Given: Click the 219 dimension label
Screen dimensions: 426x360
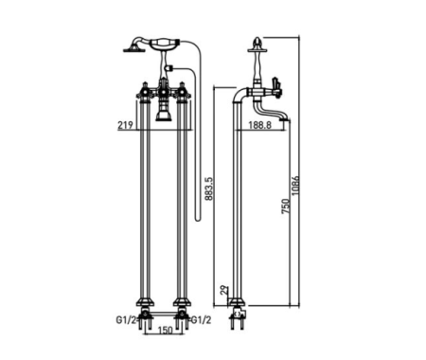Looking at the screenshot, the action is click(125, 125).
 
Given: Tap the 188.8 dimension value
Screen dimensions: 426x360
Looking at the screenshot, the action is click(259, 125).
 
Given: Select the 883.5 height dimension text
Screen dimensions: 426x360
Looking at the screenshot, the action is click(208, 189).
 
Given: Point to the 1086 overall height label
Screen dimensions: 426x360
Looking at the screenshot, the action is click(295, 186).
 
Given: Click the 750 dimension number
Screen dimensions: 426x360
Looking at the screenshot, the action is click(286, 207).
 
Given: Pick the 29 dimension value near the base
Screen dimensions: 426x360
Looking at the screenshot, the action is click(223, 290).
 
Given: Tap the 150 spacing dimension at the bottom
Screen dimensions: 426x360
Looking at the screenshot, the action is click(165, 331).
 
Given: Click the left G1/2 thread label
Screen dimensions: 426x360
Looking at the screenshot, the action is click(126, 320).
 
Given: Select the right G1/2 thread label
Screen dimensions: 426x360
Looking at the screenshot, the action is click(201, 320).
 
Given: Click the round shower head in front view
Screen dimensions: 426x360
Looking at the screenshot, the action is click(133, 49).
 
